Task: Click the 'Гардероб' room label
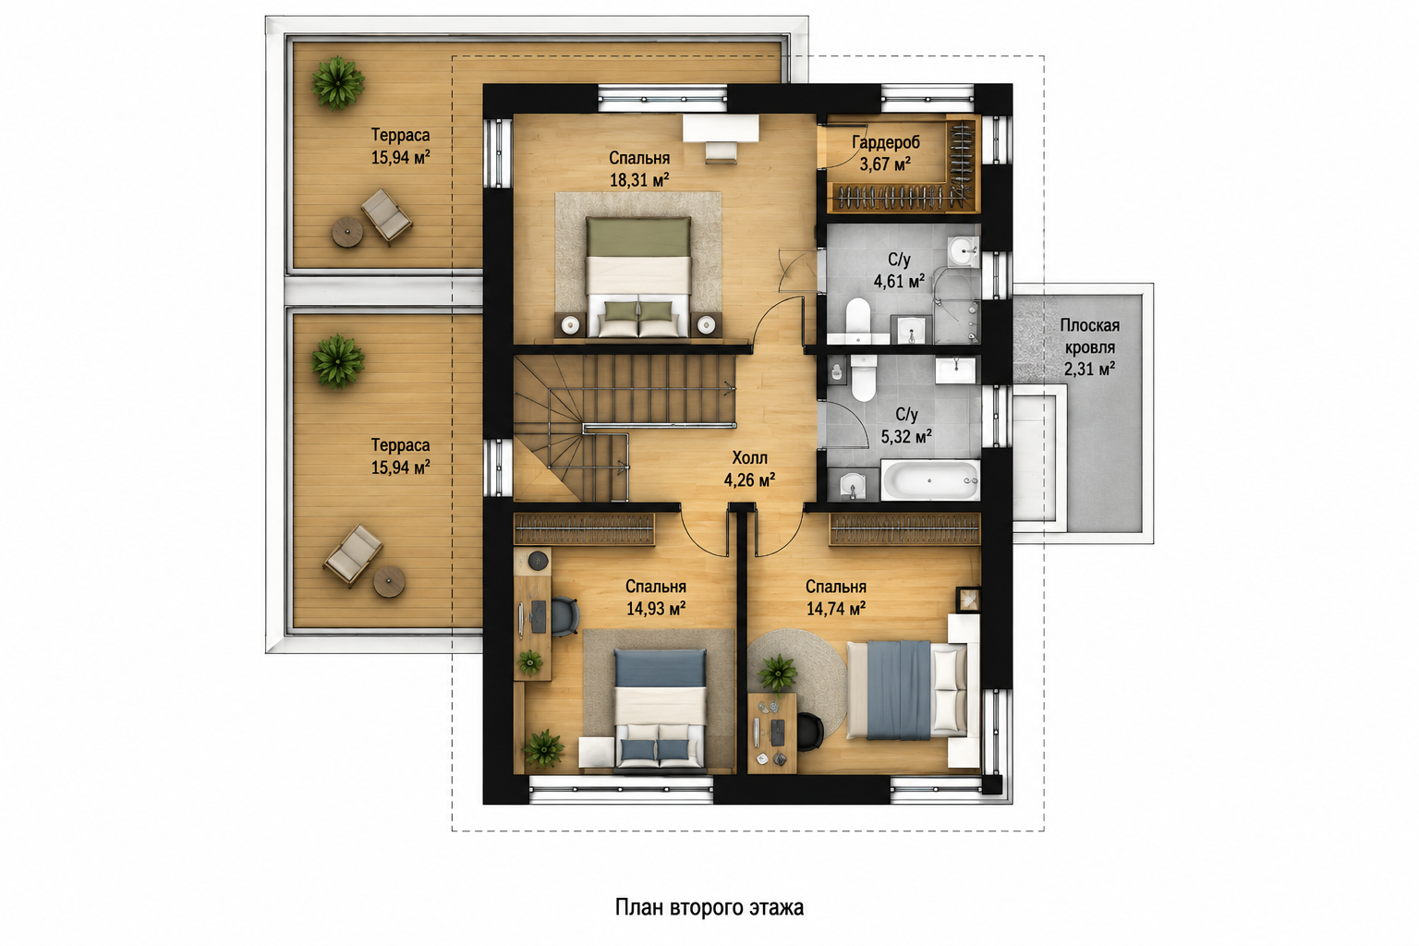(886, 142)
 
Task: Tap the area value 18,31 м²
(639, 180)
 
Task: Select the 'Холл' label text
(749, 457)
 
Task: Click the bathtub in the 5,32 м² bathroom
(929, 479)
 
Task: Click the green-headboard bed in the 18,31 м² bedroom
(638, 277)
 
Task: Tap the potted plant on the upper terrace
(337, 83)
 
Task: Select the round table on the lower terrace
(389, 582)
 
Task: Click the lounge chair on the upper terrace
(386, 215)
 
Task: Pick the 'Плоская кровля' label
(1089, 336)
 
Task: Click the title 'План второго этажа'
(709, 907)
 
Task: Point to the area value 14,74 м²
(836, 609)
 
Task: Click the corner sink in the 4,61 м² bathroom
(964, 252)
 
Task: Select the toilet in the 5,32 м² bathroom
(864, 377)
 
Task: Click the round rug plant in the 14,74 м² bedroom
(778, 673)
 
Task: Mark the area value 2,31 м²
(1089, 369)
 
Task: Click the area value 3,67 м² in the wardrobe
(886, 164)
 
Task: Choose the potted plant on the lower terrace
(337, 362)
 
